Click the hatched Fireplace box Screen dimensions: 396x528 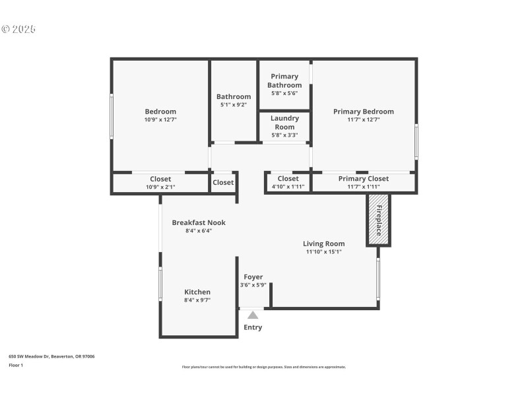coord(379,220)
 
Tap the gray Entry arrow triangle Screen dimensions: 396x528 coord(253,315)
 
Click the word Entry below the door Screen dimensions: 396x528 coord(253,327)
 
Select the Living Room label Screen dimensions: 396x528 coord(323,244)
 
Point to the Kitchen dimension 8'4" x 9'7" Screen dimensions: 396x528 coord(197,300)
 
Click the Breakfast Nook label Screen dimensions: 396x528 coord(199,222)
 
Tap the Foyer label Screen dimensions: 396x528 coord(253,277)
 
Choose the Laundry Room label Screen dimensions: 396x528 coord(284,122)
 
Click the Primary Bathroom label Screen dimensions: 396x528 coord(284,81)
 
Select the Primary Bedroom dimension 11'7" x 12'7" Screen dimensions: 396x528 coord(363,120)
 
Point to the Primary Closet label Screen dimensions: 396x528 coord(364,179)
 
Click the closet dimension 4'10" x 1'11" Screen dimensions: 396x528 coord(288,187)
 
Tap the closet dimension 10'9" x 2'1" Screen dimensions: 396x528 coord(160,187)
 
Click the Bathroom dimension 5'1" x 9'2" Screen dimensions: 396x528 coord(234,105)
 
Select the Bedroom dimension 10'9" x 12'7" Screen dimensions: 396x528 coord(160,120)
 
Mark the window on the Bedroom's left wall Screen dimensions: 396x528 coord(112,116)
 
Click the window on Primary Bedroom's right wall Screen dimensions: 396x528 coord(416,141)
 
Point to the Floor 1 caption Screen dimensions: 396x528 coord(16,365)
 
